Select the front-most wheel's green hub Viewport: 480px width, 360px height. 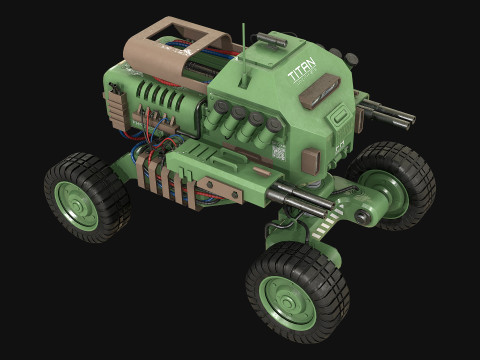point(287,299)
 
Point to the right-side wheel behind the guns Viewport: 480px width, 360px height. point(394,186)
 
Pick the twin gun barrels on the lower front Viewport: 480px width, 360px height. point(299,200)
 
